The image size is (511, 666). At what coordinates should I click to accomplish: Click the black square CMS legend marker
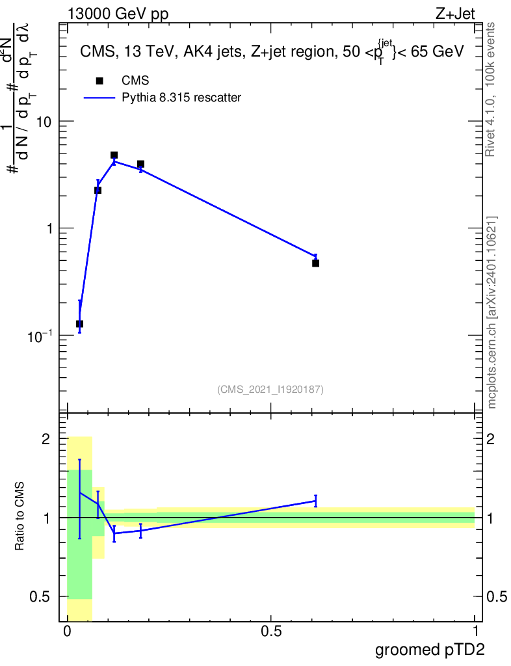pyautogui.click(x=99, y=81)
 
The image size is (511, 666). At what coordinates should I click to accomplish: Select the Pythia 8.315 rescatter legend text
pyautogui.click(x=181, y=98)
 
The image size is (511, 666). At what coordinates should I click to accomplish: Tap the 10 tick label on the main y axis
pyautogui.click(x=42, y=122)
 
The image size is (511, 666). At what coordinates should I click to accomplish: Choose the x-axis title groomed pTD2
pyautogui.click(x=430, y=650)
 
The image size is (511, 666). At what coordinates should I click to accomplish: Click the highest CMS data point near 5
pyautogui.click(x=114, y=155)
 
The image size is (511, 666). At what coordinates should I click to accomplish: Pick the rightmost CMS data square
pyautogui.click(x=315, y=263)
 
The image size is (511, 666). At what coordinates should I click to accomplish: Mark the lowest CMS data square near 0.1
pyautogui.click(x=79, y=324)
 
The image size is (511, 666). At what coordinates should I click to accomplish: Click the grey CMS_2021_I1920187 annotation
pyautogui.click(x=270, y=390)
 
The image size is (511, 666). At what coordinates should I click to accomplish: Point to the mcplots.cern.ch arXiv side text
pyautogui.click(x=492, y=312)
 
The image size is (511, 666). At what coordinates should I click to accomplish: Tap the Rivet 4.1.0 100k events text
pyautogui.click(x=492, y=89)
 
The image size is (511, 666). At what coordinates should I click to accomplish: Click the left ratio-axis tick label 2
pyautogui.click(x=46, y=439)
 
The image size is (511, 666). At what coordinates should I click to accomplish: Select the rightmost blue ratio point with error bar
pyautogui.click(x=315, y=501)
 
